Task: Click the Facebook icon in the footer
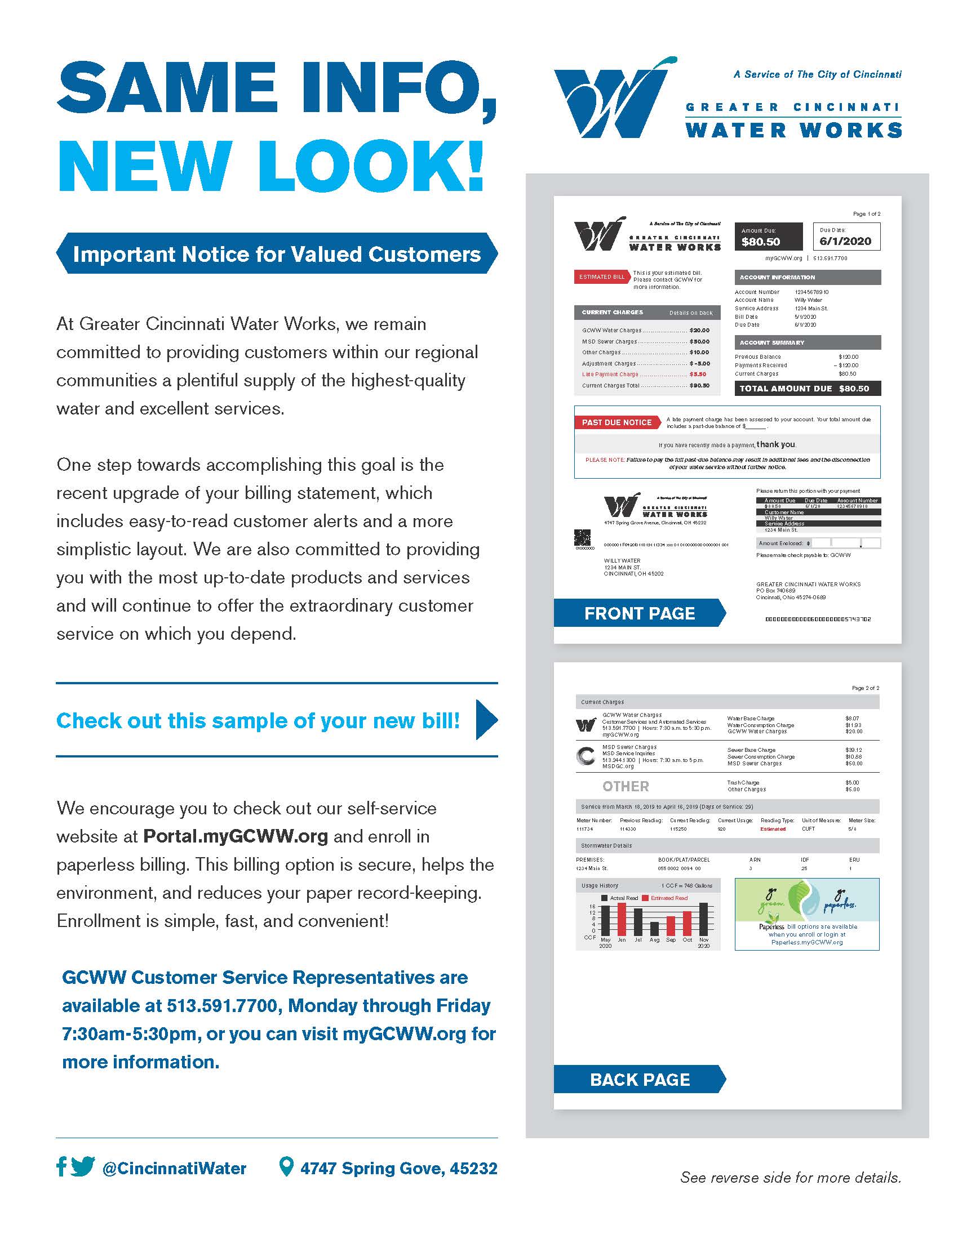pyautogui.click(x=61, y=1167)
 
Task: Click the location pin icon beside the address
pyautogui.click(x=287, y=1167)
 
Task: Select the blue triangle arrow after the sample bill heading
pyautogui.click(x=486, y=720)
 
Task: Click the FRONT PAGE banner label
pyautogui.click(x=639, y=613)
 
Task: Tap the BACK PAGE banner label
pyautogui.click(x=640, y=1080)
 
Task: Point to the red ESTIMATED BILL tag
pyautogui.click(x=602, y=277)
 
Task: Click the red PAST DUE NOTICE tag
pyautogui.click(x=617, y=422)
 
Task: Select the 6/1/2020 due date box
pyautogui.click(x=846, y=237)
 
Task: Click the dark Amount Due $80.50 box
pyautogui.click(x=769, y=237)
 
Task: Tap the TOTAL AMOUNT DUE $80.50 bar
pyautogui.click(x=807, y=389)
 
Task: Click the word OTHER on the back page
pyautogui.click(x=626, y=786)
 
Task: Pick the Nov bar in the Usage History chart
pyautogui.click(x=704, y=920)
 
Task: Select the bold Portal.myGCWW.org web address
pyautogui.click(x=236, y=836)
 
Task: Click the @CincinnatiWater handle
pyautogui.click(x=174, y=1169)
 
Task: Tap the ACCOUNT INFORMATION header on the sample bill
pyautogui.click(x=807, y=278)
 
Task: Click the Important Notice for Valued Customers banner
pyautogui.click(x=276, y=254)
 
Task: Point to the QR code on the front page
pyautogui.click(x=582, y=537)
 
